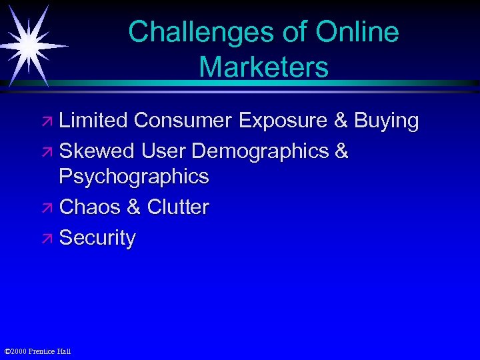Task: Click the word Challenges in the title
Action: (x=187, y=32)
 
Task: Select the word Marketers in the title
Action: (x=263, y=67)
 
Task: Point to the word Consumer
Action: (x=183, y=121)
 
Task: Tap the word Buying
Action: (x=387, y=121)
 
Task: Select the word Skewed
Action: (x=97, y=151)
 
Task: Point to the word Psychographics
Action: (x=134, y=177)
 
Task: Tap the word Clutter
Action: (x=178, y=207)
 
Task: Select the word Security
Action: (x=97, y=238)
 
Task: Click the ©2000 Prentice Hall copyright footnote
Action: (x=37, y=351)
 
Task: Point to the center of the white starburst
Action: (x=30, y=44)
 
